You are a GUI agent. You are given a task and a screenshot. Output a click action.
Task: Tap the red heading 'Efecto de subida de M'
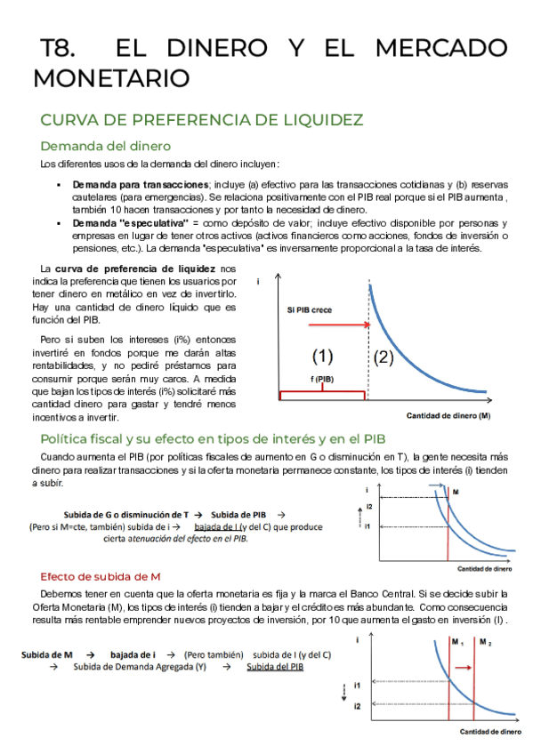101,576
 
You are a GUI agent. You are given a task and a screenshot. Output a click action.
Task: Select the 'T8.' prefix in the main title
61,48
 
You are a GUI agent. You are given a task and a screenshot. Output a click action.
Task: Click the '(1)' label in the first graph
322,357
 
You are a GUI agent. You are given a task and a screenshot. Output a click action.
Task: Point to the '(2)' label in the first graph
384,357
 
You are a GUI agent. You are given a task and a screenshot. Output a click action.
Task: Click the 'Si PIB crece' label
311,310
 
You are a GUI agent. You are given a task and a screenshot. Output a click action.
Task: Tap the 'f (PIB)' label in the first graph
322,379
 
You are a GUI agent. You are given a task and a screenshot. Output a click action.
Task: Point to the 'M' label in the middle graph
456,492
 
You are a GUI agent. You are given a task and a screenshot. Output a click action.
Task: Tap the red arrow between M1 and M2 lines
464,665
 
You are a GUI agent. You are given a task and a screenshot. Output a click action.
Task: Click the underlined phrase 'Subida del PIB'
275,667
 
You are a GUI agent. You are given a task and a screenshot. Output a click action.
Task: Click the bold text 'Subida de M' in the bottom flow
49,654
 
